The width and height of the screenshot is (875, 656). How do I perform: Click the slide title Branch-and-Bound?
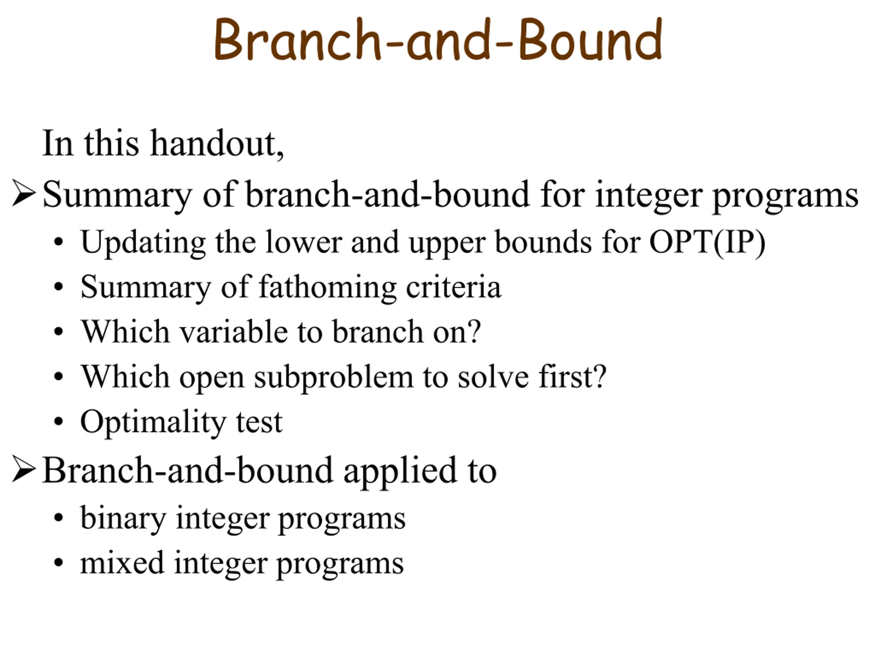(x=438, y=39)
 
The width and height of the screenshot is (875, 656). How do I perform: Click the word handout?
(x=217, y=143)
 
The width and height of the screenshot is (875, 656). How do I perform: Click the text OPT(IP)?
(x=707, y=242)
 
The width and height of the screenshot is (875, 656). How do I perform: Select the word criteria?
(x=454, y=287)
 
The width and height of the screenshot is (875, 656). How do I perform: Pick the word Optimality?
(x=153, y=423)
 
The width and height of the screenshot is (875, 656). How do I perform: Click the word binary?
(x=123, y=518)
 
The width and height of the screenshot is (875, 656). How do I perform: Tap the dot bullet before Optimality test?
(x=58, y=422)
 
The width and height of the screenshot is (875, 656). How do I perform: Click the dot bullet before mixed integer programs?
(x=58, y=563)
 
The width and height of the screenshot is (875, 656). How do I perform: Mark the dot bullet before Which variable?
(x=58, y=332)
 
